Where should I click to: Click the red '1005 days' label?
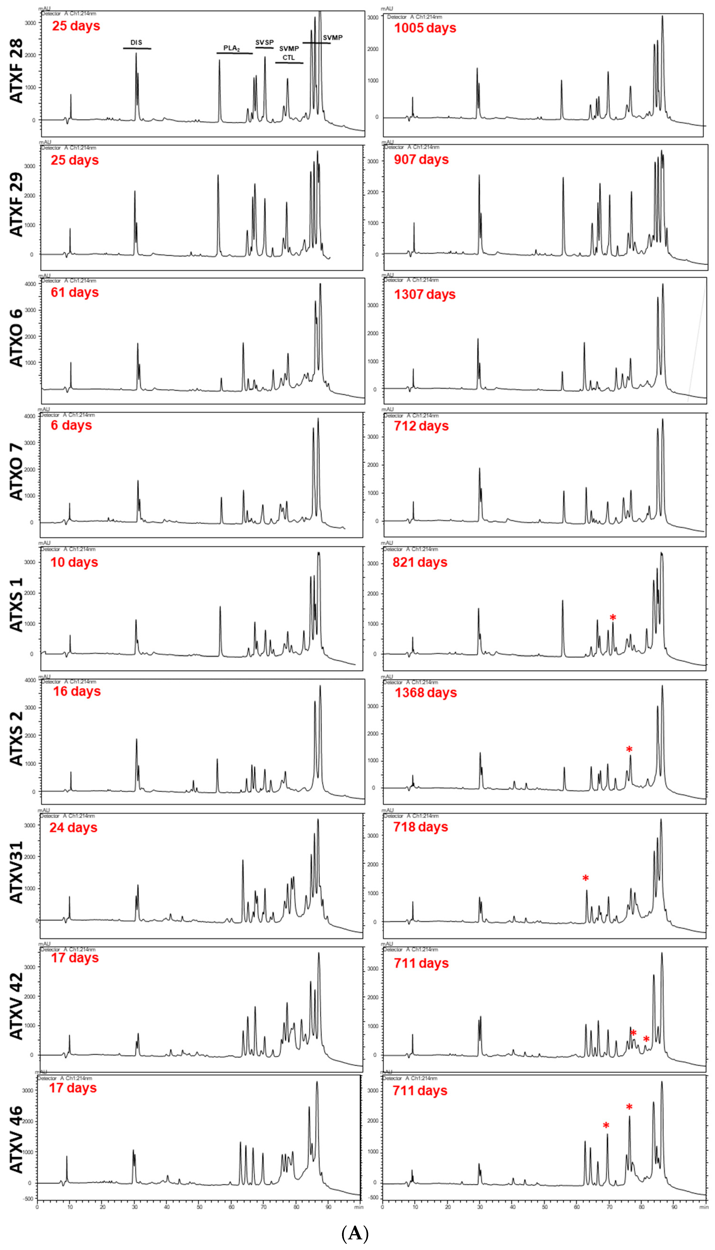click(425, 28)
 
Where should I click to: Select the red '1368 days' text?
click(426, 693)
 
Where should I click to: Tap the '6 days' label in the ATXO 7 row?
click(71, 425)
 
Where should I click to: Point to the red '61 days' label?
click(75, 293)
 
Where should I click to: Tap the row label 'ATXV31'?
click(16, 872)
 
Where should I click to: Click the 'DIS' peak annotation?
click(136, 43)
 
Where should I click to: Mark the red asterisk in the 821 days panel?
click(612, 618)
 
